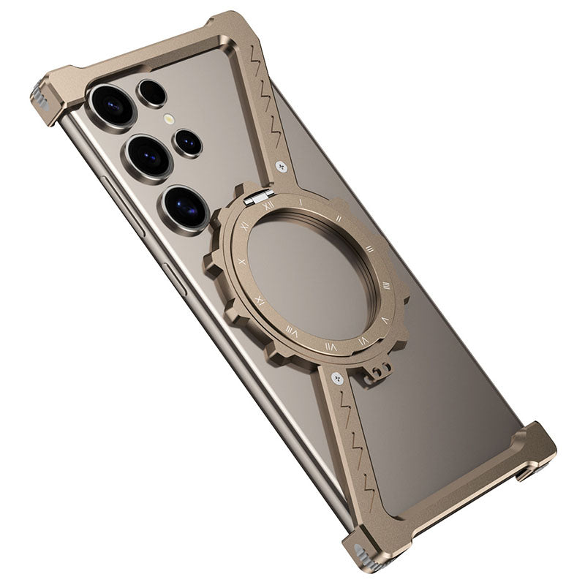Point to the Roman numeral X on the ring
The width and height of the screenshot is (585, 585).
pyautogui.click(x=243, y=261)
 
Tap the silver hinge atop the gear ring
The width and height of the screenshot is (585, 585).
pyautogui.click(x=259, y=195)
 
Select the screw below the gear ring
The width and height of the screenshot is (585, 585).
pyautogui.click(x=336, y=378)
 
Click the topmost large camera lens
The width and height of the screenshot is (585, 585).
pyautogui.click(x=112, y=104)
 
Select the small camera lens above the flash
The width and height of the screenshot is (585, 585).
pyautogui.click(x=152, y=93)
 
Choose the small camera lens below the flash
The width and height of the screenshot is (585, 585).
pyautogui.click(x=187, y=143)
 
